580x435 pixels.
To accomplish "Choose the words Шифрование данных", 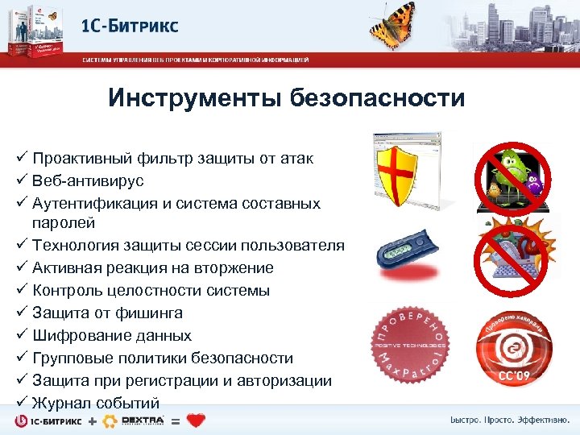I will (x=111, y=335).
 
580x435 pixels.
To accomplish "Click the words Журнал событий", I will (x=96, y=403).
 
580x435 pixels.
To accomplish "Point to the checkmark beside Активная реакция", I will (x=22, y=267).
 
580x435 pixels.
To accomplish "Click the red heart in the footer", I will (x=196, y=420).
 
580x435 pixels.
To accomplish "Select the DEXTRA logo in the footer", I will (x=143, y=420).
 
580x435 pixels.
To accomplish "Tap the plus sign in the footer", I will (x=93, y=421).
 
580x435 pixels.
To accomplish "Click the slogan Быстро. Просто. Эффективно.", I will (x=508, y=420).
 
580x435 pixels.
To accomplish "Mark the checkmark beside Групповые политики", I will (x=22, y=358).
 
